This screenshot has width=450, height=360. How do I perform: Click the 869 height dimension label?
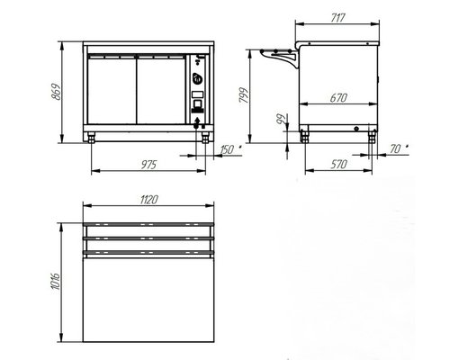pyautogui.click(x=56, y=92)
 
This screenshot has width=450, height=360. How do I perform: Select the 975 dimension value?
pyautogui.click(x=148, y=165)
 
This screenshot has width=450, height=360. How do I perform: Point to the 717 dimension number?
pyautogui.click(x=337, y=18)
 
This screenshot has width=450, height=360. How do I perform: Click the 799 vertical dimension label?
pyautogui.click(x=244, y=95)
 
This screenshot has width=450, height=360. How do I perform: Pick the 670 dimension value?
pyautogui.click(x=338, y=98)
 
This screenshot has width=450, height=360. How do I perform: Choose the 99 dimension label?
pyautogui.click(x=282, y=120)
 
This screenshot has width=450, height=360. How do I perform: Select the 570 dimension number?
pyautogui.click(x=338, y=165)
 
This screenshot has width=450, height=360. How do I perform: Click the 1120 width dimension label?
pyautogui.click(x=148, y=200)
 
